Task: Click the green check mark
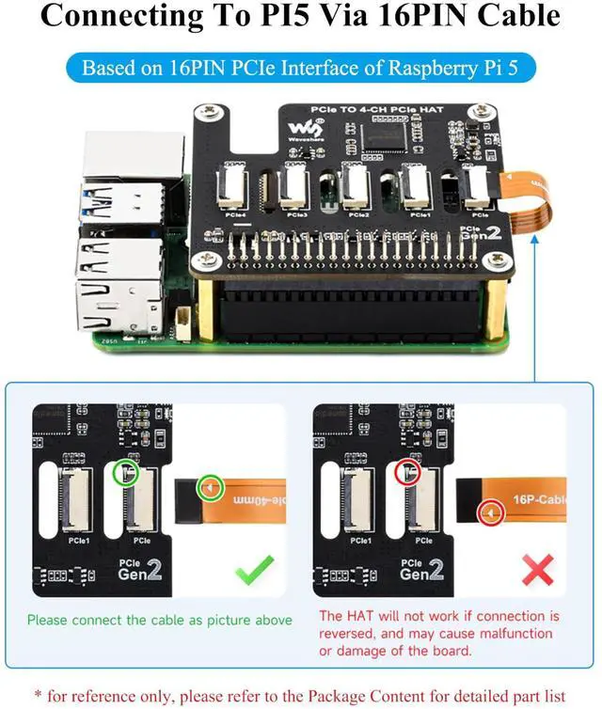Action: (x=254, y=569)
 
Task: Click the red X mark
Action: (x=536, y=569)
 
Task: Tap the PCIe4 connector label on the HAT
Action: (x=236, y=215)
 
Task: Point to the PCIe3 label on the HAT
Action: (x=297, y=215)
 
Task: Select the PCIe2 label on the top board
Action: (x=358, y=215)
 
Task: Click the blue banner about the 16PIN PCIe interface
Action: (x=300, y=68)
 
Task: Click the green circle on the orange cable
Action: (x=209, y=487)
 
